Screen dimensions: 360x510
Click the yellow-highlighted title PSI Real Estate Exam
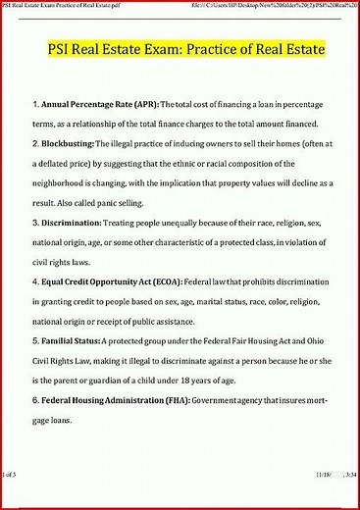(x=186, y=48)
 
